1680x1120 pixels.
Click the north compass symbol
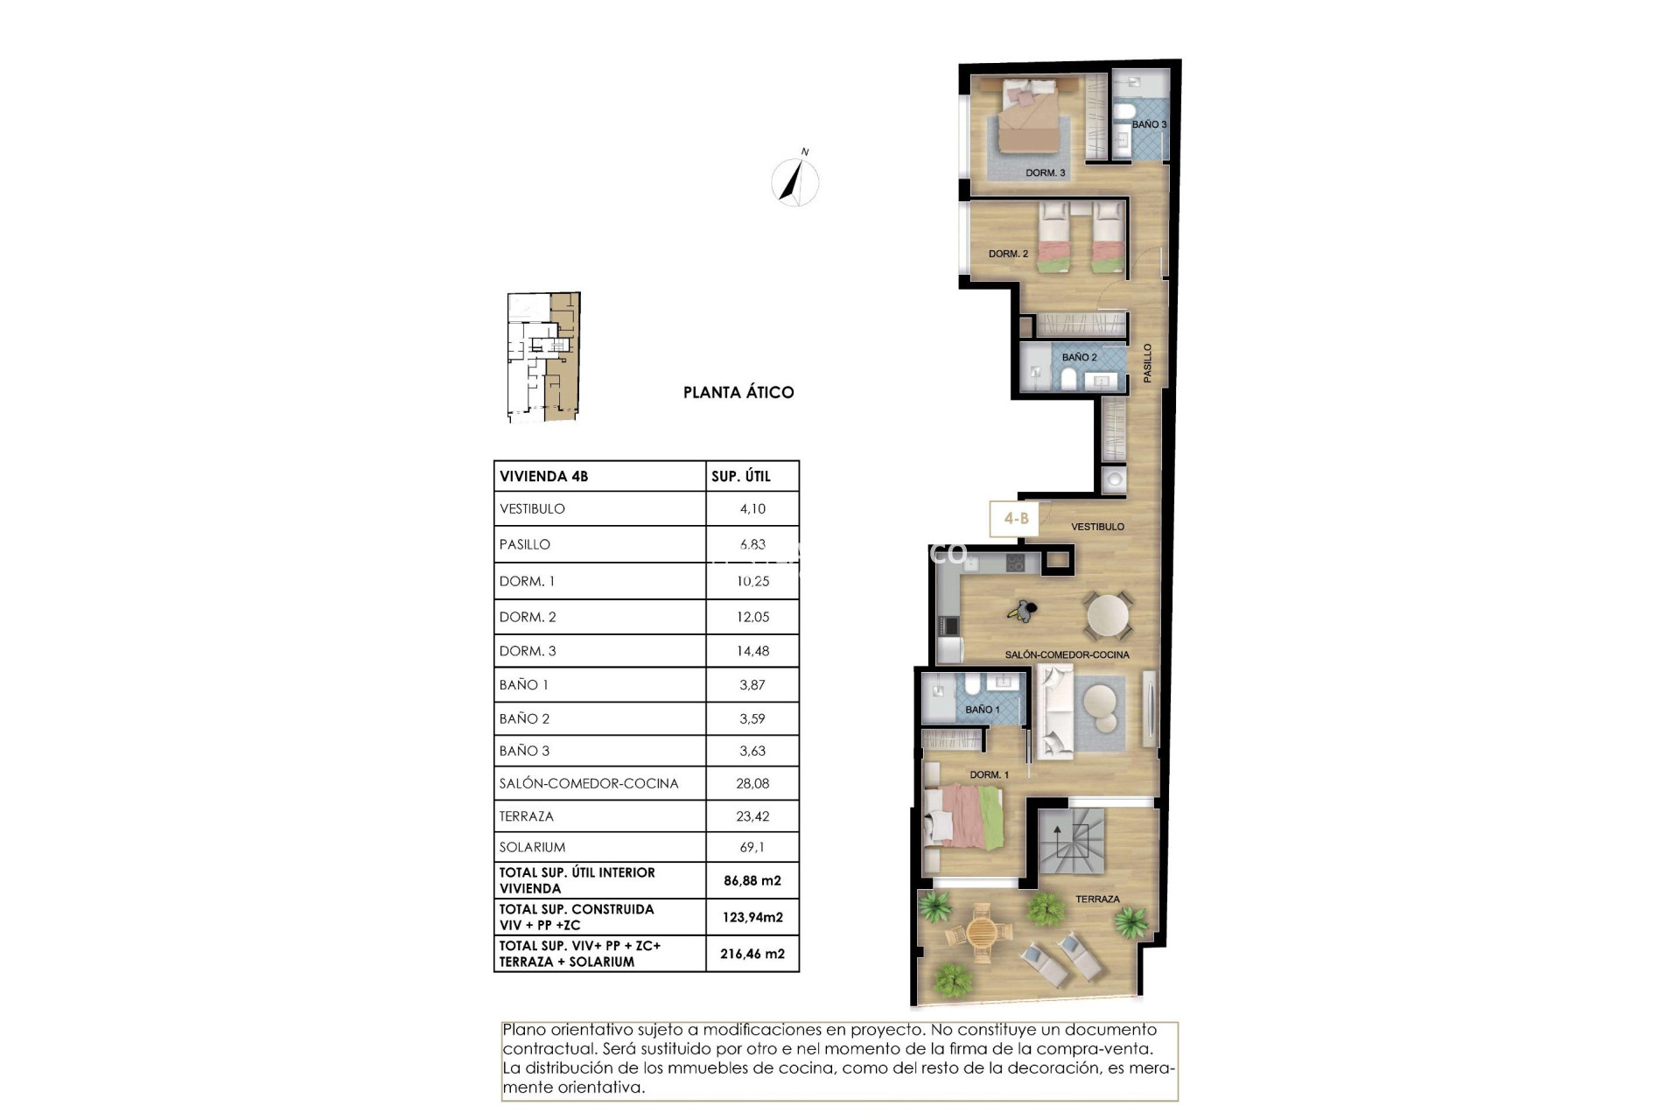(795, 181)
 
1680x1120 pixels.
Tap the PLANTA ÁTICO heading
(738, 393)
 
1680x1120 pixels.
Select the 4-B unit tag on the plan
(1015, 518)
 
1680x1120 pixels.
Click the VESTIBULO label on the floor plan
(1097, 527)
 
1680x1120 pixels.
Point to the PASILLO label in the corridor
(1147, 362)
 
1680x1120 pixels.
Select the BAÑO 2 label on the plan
(1079, 357)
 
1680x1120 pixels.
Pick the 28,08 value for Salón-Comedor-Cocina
(752, 783)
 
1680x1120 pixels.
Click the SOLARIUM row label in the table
(532, 847)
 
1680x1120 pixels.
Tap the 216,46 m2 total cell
(752, 954)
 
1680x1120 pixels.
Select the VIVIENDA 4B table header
(543, 477)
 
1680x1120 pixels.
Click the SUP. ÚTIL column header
(741, 477)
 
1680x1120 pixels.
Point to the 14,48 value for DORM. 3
(752, 651)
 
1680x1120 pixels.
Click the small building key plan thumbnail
(543, 357)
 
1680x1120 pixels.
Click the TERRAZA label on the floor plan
(1097, 899)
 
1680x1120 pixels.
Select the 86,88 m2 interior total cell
(752, 881)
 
